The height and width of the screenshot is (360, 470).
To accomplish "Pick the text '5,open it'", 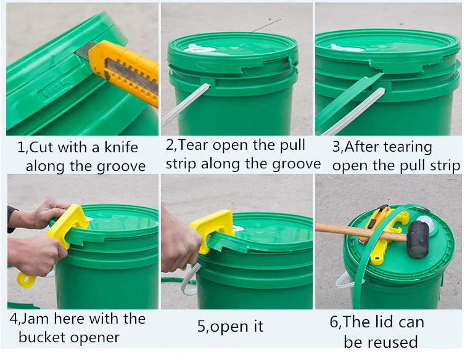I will (x=230, y=326).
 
